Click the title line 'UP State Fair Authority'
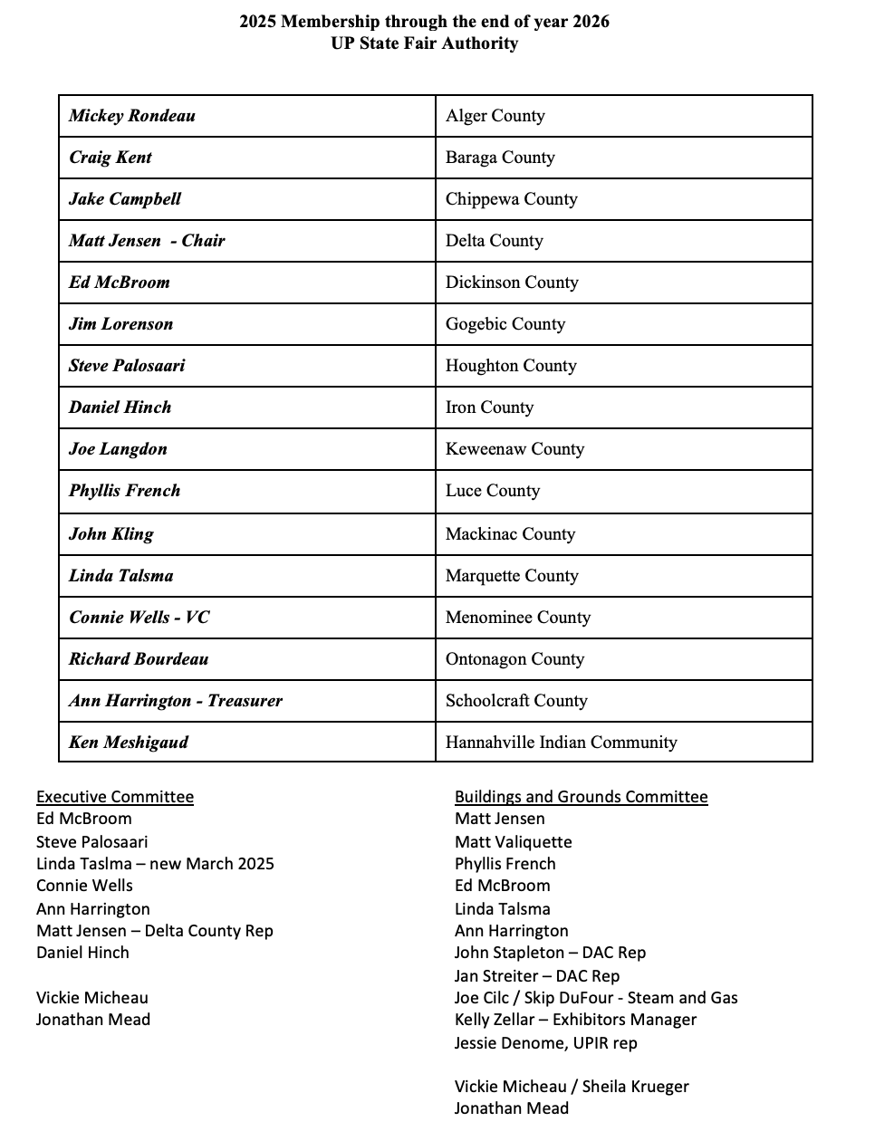pyautogui.click(x=424, y=43)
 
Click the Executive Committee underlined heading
pyautogui.click(x=115, y=797)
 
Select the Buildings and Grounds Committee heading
pyautogui.click(x=582, y=797)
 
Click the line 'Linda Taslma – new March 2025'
pyautogui.click(x=155, y=864)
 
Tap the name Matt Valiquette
pyautogui.click(x=514, y=842)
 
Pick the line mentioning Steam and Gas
pyautogui.click(x=596, y=998)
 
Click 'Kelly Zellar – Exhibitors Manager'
pyautogui.click(x=576, y=1020)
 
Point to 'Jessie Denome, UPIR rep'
pyautogui.click(x=546, y=1043)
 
